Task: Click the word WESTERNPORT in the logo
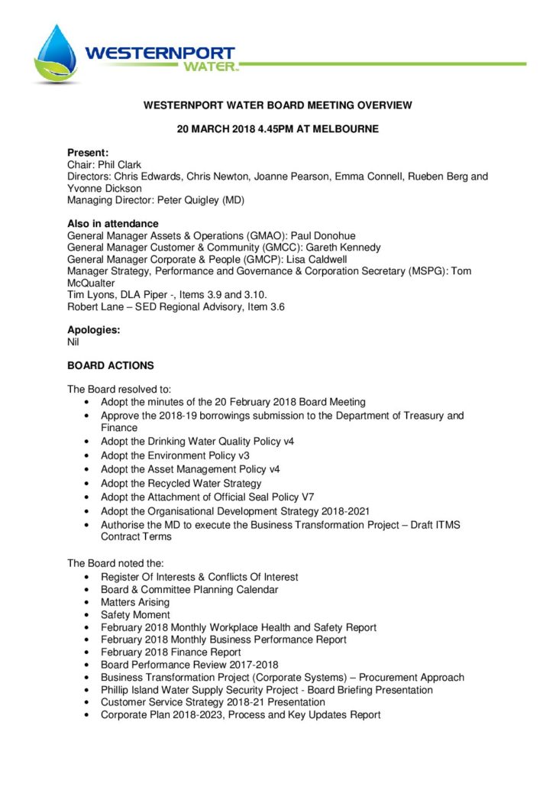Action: [160, 53]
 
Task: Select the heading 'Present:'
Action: [88, 153]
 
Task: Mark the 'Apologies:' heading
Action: [94, 330]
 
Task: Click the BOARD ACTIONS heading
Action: [110, 366]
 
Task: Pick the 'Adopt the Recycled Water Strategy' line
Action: [181, 483]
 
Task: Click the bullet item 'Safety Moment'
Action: [135, 614]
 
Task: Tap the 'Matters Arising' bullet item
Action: [140, 602]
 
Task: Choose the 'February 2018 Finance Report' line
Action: [171, 652]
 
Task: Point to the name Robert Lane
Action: [95, 306]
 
